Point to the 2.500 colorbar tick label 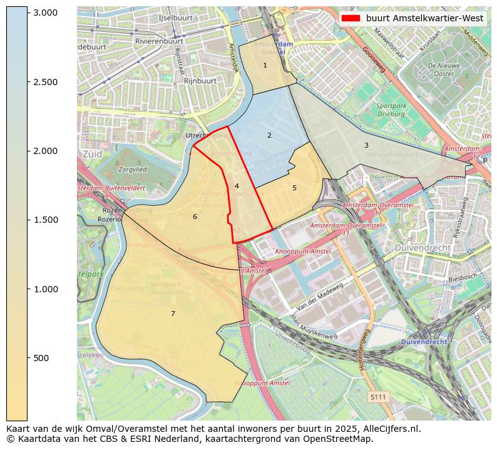click(45, 82)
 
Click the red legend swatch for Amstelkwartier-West click(351, 18)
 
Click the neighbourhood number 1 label click(265, 65)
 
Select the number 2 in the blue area click(269, 135)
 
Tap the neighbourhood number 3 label click(366, 145)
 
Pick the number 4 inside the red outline click(237, 186)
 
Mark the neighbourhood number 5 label click(294, 188)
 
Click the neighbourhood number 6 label click(195, 217)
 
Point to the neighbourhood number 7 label click(173, 314)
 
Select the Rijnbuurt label click(200, 81)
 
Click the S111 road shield click(377, 397)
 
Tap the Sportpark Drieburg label click(391, 110)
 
